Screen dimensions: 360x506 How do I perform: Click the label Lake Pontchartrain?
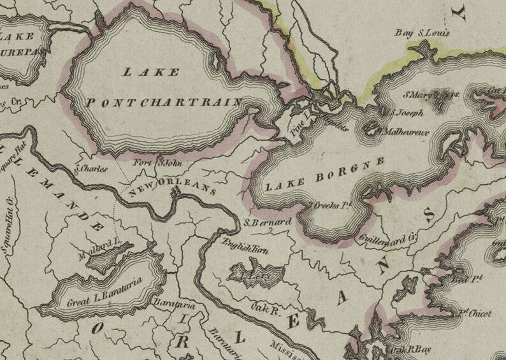163,89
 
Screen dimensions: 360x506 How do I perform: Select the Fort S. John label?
157,164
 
